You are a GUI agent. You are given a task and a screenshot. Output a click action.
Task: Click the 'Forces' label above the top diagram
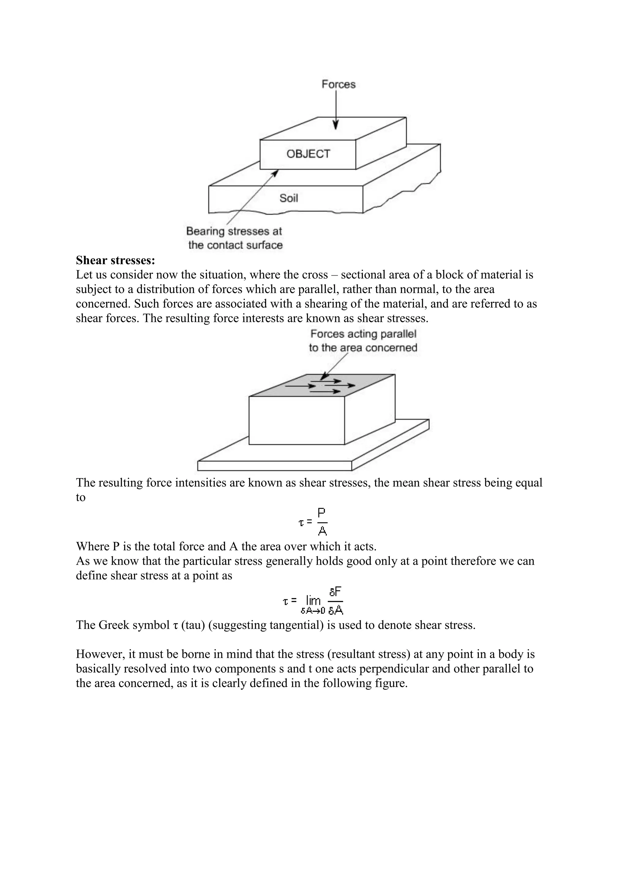338,84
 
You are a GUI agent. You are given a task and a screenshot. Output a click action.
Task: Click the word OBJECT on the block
308,154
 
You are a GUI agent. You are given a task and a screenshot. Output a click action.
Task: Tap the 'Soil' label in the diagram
288,198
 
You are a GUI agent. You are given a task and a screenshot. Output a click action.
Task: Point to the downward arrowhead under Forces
336,125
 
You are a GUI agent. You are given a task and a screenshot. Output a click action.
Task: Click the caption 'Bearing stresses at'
234,231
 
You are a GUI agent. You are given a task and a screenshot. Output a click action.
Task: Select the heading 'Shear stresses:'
115,260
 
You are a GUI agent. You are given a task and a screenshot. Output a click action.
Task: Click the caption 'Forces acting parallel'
363,334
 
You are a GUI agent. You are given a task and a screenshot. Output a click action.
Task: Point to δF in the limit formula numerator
335,592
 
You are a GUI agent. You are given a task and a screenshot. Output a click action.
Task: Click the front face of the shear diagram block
297,421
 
